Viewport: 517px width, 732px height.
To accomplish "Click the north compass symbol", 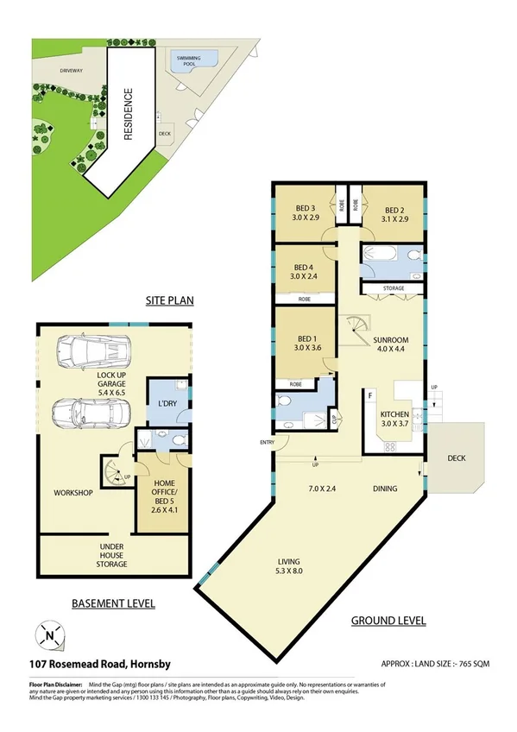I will pyautogui.click(x=49, y=637).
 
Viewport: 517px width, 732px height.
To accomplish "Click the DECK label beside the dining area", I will pyautogui.click(x=456, y=458).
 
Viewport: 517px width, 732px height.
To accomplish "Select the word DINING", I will pyautogui.click(x=385, y=489).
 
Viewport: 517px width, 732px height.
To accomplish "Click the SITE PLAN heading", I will pyautogui.click(x=168, y=300).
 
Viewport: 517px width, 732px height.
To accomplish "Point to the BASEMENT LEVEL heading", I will pyautogui.click(x=113, y=603).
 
